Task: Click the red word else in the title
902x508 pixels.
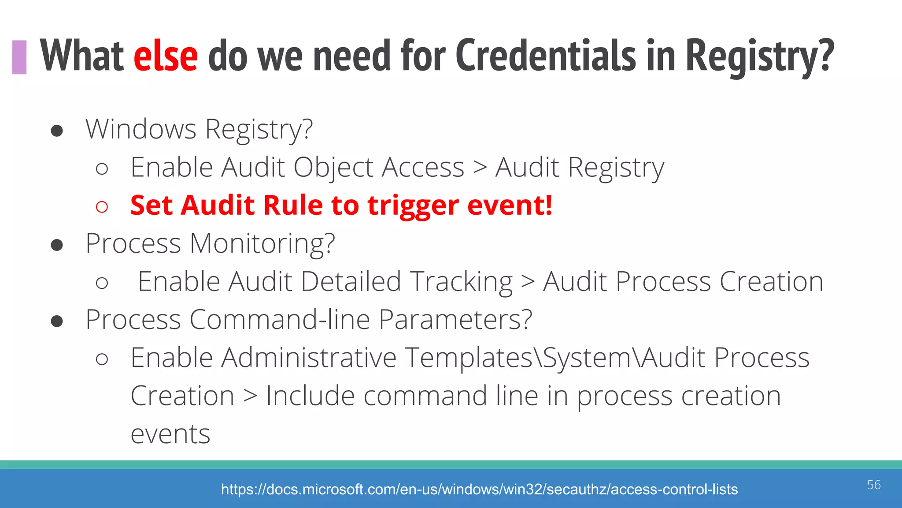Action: point(166,56)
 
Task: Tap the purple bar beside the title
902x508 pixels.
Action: point(19,57)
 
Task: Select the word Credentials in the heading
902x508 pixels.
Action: point(546,56)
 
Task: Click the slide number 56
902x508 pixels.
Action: point(874,485)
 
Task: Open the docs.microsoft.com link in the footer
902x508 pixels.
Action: point(479,489)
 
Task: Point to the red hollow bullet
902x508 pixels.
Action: point(102,206)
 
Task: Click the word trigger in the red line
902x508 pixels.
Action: point(413,206)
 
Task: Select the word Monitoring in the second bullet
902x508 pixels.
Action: point(262,243)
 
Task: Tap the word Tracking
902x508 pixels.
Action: point(461,282)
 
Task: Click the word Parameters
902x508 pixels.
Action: point(455,320)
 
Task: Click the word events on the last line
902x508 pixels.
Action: point(170,434)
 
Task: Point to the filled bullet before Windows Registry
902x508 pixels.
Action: point(57,131)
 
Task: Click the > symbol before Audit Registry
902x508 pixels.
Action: point(480,168)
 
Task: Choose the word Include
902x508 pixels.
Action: point(311,396)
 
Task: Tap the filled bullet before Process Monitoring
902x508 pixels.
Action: point(57,245)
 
